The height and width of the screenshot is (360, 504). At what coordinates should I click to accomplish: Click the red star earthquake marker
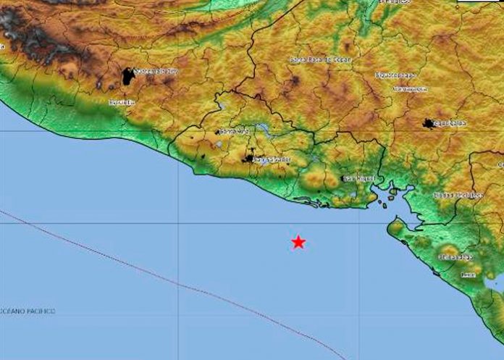(298, 243)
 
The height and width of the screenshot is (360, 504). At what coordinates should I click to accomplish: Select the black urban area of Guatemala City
(128, 76)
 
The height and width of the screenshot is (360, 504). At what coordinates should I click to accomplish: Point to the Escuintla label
(122, 103)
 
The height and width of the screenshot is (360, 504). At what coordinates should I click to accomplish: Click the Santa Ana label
(233, 132)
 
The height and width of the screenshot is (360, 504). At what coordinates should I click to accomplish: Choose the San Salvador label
(274, 159)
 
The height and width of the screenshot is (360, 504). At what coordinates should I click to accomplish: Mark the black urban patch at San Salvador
(250, 158)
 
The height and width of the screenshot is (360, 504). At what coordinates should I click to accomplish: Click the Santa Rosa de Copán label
(320, 59)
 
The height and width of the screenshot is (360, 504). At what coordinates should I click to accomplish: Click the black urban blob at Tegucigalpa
(429, 124)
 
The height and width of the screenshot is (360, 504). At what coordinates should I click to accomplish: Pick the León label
(468, 275)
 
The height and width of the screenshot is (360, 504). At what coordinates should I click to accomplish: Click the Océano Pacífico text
(29, 311)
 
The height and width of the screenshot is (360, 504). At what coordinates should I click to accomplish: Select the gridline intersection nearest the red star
(359, 224)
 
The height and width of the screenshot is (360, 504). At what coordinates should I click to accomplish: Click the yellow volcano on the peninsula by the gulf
(396, 230)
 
